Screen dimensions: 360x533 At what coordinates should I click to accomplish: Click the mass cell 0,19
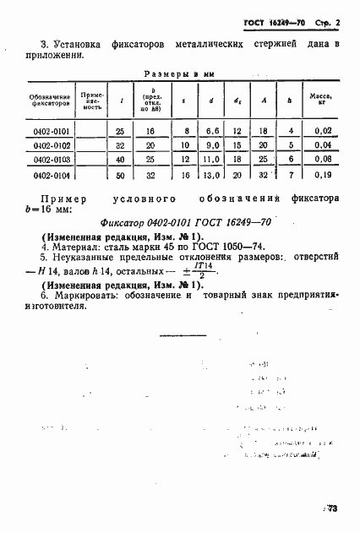(320, 176)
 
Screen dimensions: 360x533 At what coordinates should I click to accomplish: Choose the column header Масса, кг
(320, 101)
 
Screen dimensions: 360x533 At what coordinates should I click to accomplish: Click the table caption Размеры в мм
(177, 74)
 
